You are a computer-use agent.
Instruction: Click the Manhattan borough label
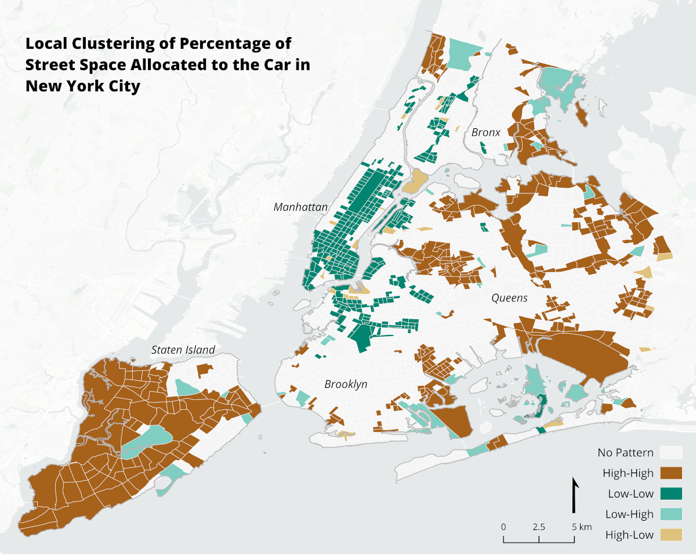tap(300, 207)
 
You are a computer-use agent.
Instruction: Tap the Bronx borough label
tap(485, 132)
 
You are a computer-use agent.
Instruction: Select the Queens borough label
tap(509, 298)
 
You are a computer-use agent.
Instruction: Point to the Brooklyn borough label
tap(346, 384)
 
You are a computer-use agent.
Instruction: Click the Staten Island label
tap(183, 349)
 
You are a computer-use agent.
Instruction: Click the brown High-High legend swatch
tap(670, 473)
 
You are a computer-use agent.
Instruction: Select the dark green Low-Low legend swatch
tap(670, 493)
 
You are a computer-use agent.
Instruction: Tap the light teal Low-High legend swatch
tap(670, 514)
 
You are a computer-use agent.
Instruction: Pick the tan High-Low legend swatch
tap(670, 534)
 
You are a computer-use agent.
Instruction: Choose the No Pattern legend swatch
tap(670, 453)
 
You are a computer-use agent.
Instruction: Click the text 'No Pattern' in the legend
tap(625, 453)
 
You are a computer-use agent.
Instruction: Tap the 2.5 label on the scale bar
tap(539, 527)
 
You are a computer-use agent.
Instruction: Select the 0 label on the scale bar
tap(503, 527)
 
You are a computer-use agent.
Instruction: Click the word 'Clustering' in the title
tap(101, 44)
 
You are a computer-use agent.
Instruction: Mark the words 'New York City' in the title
tap(82, 86)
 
